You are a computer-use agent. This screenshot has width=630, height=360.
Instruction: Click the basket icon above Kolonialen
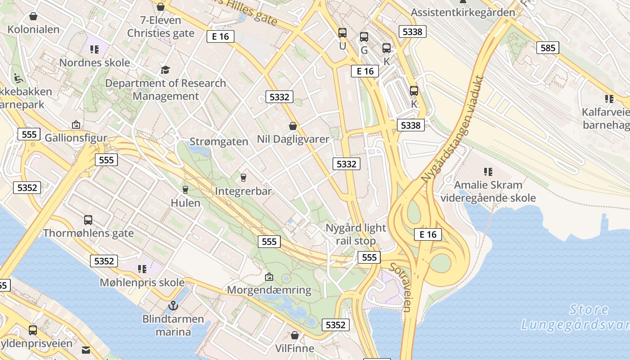click(x=33, y=17)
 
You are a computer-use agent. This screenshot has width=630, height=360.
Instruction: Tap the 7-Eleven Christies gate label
click(x=161, y=27)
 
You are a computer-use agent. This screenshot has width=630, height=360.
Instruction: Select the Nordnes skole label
click(x=94, y=63)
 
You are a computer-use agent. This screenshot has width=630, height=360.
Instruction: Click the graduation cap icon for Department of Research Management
click(x=165, y=70)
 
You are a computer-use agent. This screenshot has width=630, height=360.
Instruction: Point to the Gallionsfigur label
click(x=76, y=138)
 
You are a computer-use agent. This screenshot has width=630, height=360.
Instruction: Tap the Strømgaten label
click(x=219, y=141)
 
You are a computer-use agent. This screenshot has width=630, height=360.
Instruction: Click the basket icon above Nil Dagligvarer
click(x=293, y=126)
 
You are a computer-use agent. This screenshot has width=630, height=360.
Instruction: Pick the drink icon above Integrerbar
click(x=243, y=177)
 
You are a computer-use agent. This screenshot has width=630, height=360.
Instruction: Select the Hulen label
click(x=185, y=202)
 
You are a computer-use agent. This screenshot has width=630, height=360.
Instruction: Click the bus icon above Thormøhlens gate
click(x=88, y=220)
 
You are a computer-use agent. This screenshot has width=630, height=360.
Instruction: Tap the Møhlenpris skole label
click(x=142, y=282)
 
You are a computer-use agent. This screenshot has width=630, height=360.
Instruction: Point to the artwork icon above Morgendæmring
click(x=269, y=276)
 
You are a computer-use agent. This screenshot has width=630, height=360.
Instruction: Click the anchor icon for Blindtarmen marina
click(x=173, y=306)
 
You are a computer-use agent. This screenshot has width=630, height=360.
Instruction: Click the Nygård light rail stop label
click(x=355, y=234)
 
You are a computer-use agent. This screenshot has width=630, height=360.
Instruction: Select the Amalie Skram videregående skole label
click(x=488, y=191)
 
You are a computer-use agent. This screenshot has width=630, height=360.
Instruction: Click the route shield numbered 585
click(x=548, y=47)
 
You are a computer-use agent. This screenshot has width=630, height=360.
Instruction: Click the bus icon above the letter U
click(x=342, y=32)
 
